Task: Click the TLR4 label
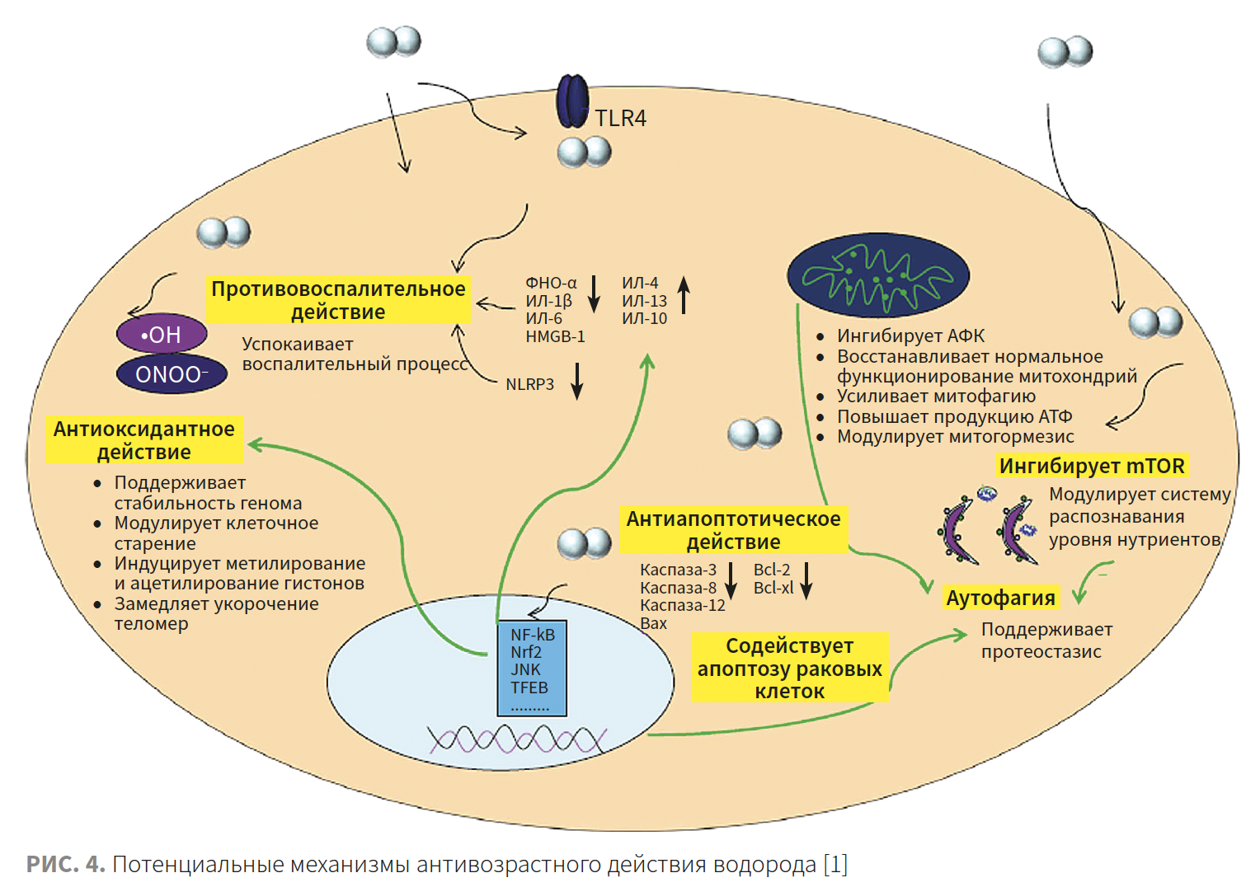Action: [x=620, y=119]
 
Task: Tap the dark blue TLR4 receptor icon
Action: [x=572, y=101]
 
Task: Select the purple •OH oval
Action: [x=162, y=335]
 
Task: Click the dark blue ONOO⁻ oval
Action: [x=172, y=374]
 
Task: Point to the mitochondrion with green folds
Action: [x=878, y=275]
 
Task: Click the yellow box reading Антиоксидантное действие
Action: [x=144, y=440]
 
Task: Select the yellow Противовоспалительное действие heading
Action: [x=338, y=300]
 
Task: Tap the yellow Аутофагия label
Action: [x=1000, y=598]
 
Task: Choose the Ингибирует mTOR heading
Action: [x=1092, y=466]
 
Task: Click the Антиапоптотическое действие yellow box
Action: [x=733, y=530]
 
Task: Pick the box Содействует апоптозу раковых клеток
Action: [x=789, y=668]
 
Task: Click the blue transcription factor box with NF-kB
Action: [x=532, y=668]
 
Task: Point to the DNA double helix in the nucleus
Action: [x=517, y=739]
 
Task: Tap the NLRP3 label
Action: [x=529, y=384]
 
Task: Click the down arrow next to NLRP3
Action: [x=577, y=380]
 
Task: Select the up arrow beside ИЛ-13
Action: [x=684, y=295]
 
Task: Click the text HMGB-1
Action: [x=555, y=336]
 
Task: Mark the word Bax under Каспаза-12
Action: [x=653, y=623]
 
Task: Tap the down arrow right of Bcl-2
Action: [x=806, y=580]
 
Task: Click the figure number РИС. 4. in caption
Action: [x=65, y=864]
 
